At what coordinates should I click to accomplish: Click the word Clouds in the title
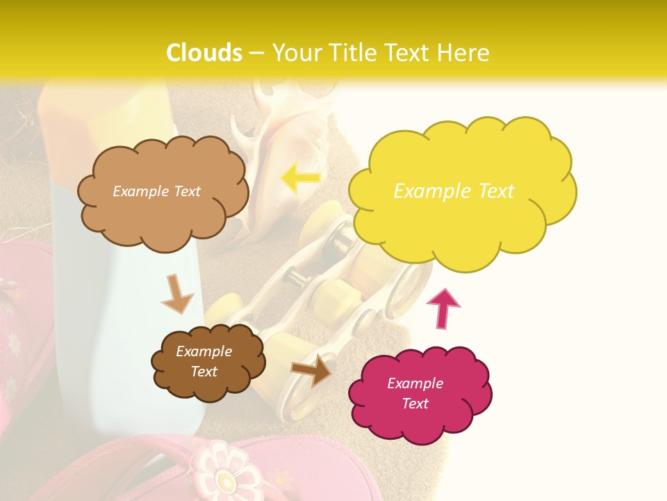[x=204, y=53]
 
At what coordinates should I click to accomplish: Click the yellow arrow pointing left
[x=299, y=178]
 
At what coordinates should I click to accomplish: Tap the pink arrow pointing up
[x=443, y=308]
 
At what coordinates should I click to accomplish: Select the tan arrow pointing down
[x=177, y=294]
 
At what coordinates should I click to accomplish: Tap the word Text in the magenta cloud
[x=415, y=404]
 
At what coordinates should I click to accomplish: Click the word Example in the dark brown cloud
[x=204, y=351]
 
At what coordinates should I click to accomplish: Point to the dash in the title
[x=256, y=54]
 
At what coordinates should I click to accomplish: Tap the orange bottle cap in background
[x=104, y=115]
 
